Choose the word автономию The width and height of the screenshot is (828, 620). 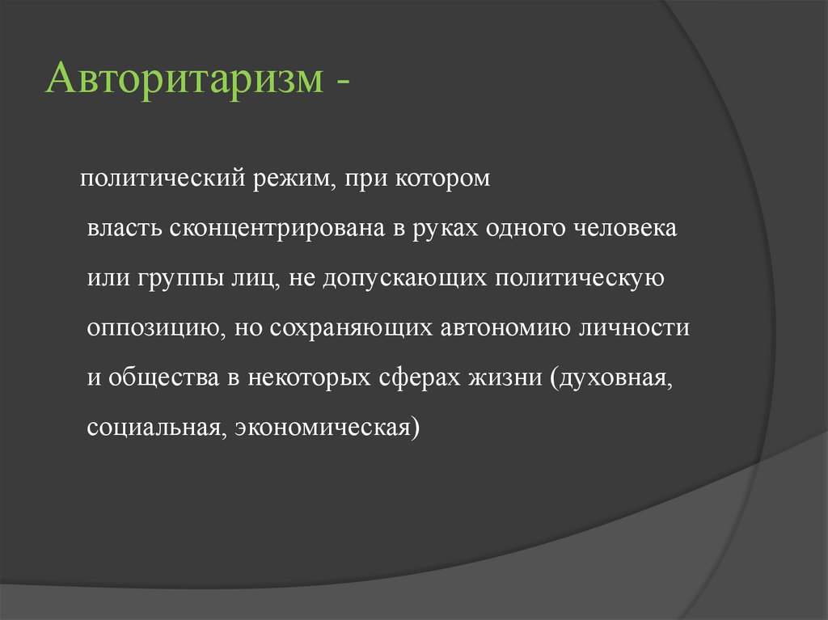513,329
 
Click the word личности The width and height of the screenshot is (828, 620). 644,329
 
